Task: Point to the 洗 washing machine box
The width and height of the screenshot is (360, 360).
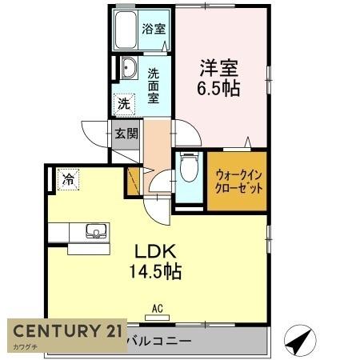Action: click(125, 103)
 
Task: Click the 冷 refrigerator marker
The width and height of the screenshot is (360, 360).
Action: click(69, 181)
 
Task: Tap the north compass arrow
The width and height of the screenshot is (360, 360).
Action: click(298, 342)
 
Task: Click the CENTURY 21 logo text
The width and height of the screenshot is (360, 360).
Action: click(66, 331)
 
